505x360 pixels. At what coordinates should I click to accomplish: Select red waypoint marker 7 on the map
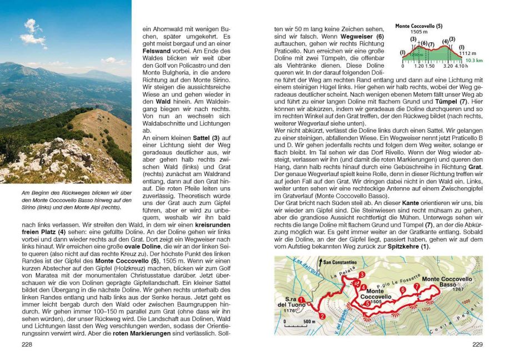tap(417, 287)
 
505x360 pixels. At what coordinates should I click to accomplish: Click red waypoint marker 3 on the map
tap(361, 274)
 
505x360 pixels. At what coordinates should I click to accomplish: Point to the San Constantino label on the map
tap(338, 262)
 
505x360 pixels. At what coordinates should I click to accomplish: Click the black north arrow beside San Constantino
tap(321, 262)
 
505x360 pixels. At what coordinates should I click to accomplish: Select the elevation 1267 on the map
tap(458, 289)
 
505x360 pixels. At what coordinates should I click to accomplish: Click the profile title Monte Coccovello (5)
tap(418, 26)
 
